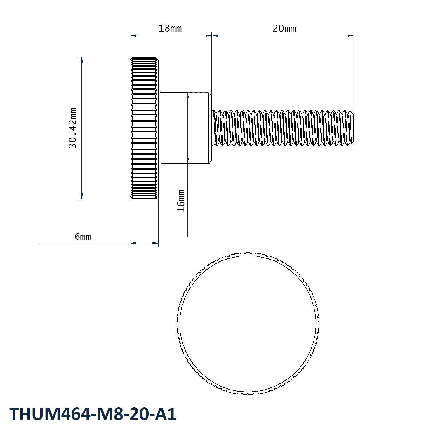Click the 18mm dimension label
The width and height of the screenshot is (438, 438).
coord(170,29)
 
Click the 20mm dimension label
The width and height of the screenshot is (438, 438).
coord(284,29)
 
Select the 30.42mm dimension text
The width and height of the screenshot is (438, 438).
coord(73,128)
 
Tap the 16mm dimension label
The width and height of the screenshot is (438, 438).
coord(181,201)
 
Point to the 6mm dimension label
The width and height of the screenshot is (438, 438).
coord(83,237)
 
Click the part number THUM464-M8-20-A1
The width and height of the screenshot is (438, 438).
coord(93,414)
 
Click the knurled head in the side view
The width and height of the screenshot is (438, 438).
coord(144,128)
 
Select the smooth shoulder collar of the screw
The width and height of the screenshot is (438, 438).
coord(185,128)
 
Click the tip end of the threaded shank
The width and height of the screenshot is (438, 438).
coord(353,128)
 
